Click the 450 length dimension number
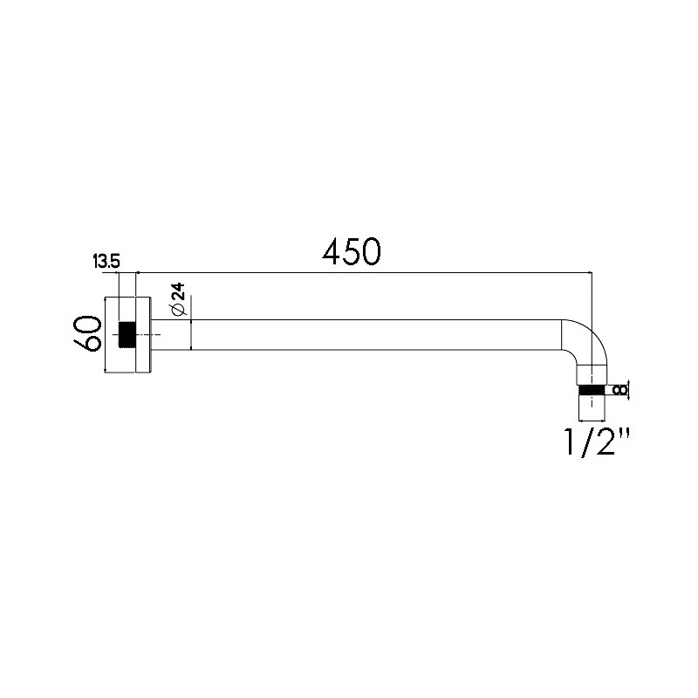(x=352, y=250)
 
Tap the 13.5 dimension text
(x=106, y=261)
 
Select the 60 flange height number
(x=87, y=333)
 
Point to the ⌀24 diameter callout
(x=179, y=299)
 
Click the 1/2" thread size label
(x=597, y=441)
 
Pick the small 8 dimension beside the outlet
(x=619, y=390)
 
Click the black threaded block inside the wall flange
(x=127, y=334)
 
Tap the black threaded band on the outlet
(x=592, y=390)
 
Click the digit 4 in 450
(x=332, y=251)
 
